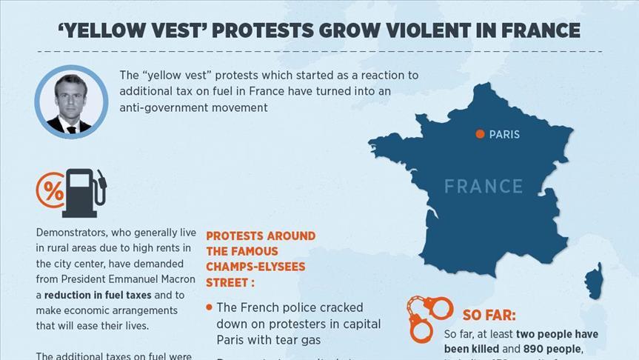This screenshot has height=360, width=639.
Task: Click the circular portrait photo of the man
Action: click(x=72, y=101)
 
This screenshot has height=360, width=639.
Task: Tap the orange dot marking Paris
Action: click(x=480, y=134)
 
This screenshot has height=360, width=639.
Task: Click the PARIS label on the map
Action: click(x=504, y=135)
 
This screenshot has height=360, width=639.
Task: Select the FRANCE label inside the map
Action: click(x=484, y=186)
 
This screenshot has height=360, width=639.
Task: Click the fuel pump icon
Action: click(x=85, y=192)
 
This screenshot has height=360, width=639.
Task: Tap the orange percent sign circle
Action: click(x=50, y=190)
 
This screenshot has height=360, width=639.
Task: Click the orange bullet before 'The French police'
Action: click(x=210, y=307)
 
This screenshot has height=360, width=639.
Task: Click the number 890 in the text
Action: click(x=538, y=348)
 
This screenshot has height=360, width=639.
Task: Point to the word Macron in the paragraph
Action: click(x=178, y=279)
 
